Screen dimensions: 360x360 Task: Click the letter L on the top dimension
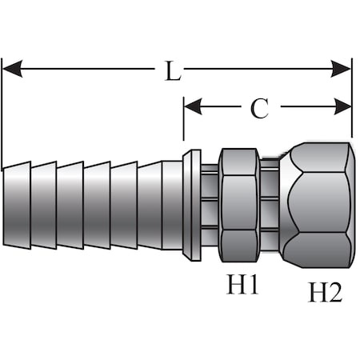pyautogui.click(x=172, y=70)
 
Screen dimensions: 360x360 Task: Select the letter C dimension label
pyautogui.click(x=259, y=107)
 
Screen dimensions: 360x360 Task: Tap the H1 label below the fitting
pyautogui.click(x=241, y=285)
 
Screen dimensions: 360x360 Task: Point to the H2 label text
pyautogui.click(x=325, y=292)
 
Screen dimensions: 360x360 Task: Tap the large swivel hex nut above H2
pyautogui.click(x=316, y=204)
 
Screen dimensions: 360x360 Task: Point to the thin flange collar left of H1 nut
pyautogui.click(x=192, y=205)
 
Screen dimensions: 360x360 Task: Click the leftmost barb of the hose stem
pyautogui.click(x=17, y=205)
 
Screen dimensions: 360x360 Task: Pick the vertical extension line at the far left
pyautogui.click(x=2, y=112)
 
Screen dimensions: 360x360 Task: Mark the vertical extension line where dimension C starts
pyautogui.click(x=184, y=128)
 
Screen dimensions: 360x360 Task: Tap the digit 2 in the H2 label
pyautogui.click(x=335, y=293)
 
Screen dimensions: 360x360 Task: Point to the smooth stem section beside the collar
pyautogui.click(x=172, y=205)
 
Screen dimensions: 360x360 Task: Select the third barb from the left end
pyautogui.click(x=70, y=205)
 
